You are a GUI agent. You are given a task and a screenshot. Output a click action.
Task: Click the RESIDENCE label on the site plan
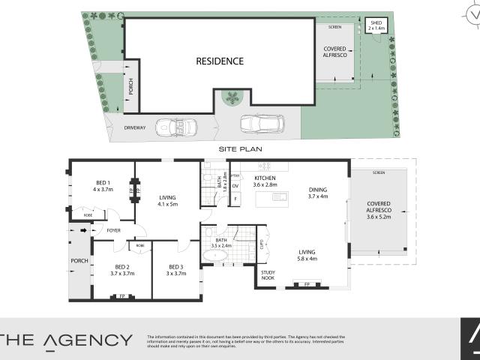[220, 61]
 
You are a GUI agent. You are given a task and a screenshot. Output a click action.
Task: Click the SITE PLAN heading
[239, 149]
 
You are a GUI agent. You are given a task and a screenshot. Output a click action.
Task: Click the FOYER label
[114, 230]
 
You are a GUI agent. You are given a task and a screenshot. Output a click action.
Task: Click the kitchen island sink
[279, 197]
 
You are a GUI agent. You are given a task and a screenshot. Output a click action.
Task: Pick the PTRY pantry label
[235, 175]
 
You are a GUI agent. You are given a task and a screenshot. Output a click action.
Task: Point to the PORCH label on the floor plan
[79, 261]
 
